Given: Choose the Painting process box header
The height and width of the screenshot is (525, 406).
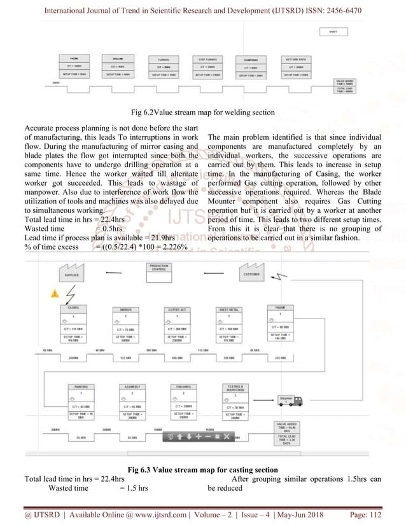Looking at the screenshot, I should coord(80,386).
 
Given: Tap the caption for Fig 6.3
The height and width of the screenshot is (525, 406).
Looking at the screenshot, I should coord(202,470).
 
